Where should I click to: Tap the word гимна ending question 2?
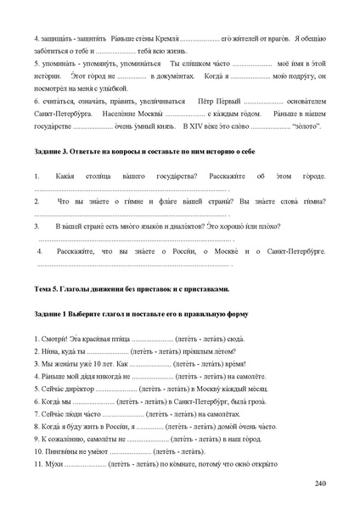(312, 201)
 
